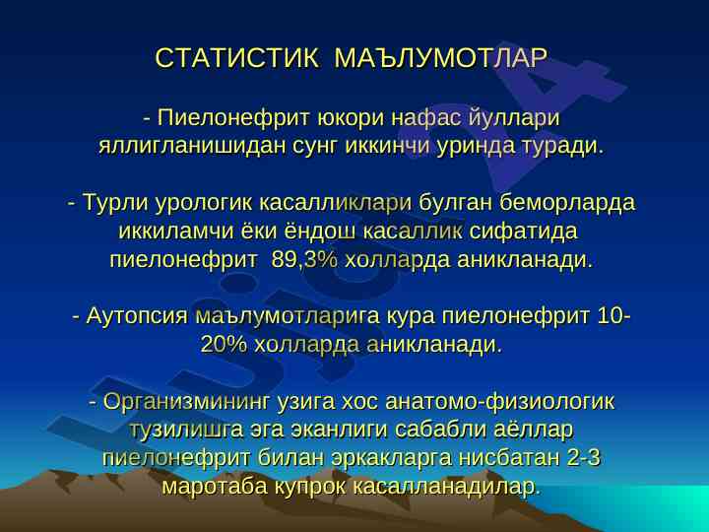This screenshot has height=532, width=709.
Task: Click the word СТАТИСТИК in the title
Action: click(236, 57)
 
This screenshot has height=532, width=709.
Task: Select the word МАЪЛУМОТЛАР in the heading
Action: click(441, 57)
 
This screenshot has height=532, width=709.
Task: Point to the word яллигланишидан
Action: click(192, 147)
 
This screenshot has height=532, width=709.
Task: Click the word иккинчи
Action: click(387, 146)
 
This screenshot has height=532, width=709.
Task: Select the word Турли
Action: click(116, 202)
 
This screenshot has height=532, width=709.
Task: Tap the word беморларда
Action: click(567, 203)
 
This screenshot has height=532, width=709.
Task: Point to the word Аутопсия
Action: click(137, 316)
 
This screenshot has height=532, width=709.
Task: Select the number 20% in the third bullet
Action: click(224, 344)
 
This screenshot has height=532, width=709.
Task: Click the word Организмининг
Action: click(187, 402)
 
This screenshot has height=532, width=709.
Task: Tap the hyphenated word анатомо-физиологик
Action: click(499, 401)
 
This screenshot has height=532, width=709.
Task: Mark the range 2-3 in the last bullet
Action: click(583, 458)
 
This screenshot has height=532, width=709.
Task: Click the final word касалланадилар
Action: click(446, 487)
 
